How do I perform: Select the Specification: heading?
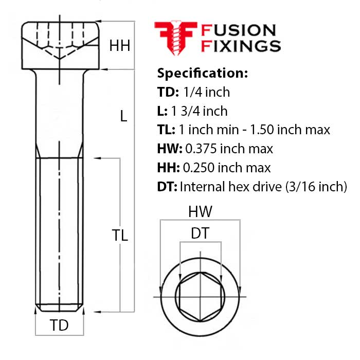point(202,73)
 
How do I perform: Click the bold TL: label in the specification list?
point(166,130)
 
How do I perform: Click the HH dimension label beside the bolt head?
point(119,46)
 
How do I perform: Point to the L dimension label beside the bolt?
point(123,116)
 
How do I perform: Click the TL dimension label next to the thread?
point(120,236)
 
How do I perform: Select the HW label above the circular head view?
point(200,211)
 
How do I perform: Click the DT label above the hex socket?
point(200,234)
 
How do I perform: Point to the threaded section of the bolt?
point(59,231)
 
